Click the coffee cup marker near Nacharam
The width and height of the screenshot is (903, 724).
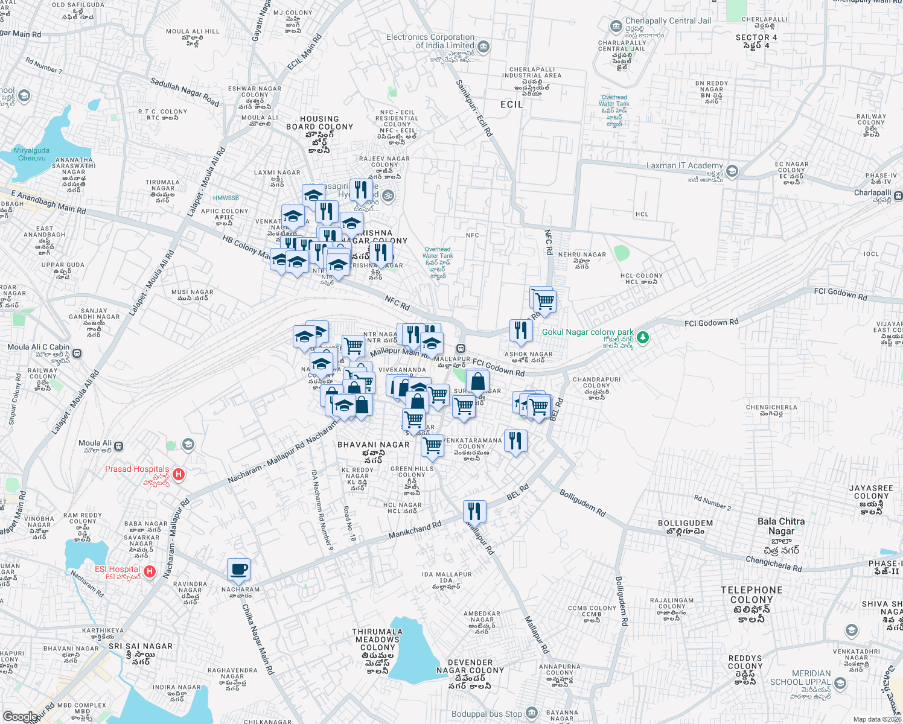pos(238,569)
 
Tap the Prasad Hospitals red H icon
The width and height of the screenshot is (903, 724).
pos(178,474)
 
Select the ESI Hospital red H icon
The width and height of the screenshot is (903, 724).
pos(150,571)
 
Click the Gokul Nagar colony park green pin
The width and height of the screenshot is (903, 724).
pos(643,337)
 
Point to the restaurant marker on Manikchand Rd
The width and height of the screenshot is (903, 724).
pos(475,512)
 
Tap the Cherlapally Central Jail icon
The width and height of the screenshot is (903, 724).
pos(616,26)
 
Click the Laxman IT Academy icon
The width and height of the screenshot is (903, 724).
pos(732,171)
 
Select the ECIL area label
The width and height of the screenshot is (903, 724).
pos(512,104)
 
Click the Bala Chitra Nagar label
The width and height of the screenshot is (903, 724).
pos(781,526)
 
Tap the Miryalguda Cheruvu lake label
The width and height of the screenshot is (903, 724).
pos(31,154)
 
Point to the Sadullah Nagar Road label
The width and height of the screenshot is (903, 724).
pos(185,92)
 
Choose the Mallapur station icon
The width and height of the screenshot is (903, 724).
pos(461,349)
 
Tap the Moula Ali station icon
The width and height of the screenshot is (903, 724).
pos(119,446)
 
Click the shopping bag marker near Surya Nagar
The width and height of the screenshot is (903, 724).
pos(477,382)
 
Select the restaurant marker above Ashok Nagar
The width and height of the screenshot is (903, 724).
pos(520,330)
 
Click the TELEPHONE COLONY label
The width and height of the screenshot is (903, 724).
pos(751,595)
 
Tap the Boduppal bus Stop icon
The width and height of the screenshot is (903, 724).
pos(531,713)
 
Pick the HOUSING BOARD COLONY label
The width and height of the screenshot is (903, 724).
pos(319,123)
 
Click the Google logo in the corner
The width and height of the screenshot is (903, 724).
pos(19,717)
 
